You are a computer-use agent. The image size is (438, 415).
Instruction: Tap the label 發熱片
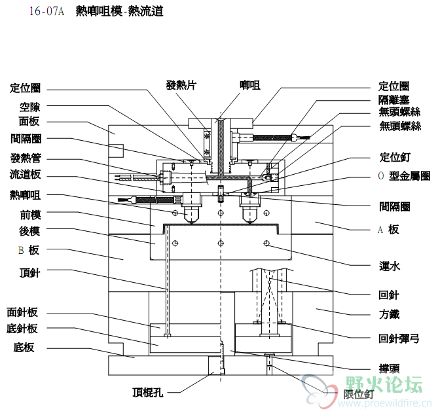(181, 85)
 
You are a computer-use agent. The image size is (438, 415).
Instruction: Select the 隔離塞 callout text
(394, 99)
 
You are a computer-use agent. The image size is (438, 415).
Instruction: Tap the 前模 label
(30, 214)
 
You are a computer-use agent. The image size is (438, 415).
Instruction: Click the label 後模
(30, 231)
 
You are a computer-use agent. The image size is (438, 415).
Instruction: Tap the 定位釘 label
(394, 157)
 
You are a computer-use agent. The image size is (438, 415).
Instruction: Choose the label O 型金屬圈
(404, 176)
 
